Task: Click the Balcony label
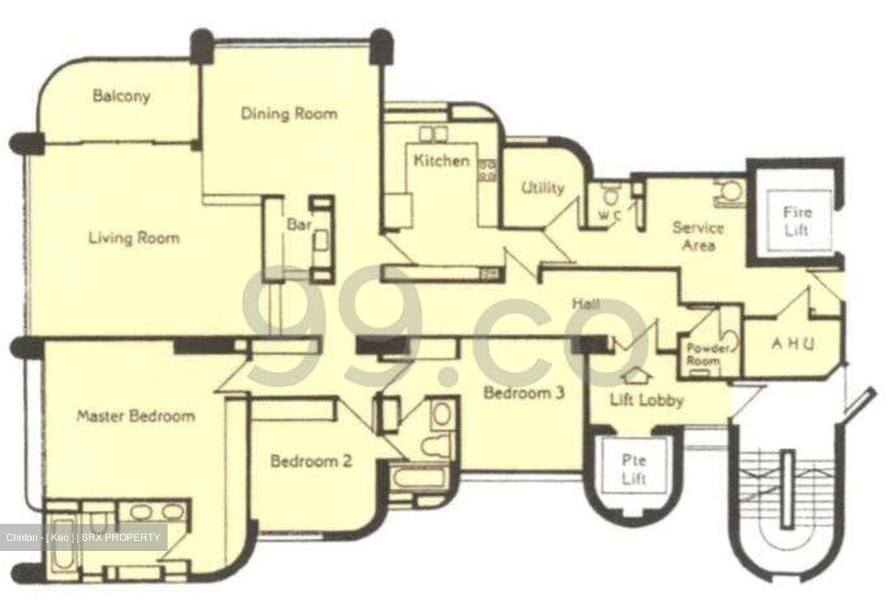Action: click(121, 96)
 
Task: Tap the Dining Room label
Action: click(289, 114)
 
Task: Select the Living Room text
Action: click(133, 238)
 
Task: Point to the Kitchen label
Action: click(441, 161)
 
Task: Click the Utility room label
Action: click(542, 188)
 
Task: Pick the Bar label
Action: click(298, 224)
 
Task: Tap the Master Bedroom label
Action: click(135, 416)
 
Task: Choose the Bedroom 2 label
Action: click(311, 461)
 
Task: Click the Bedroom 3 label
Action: click(524, 393)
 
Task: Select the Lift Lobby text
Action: click(646, 400)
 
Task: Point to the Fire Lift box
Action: click(796, 221)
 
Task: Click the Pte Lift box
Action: click(634, 469)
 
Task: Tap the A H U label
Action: click(792, 343)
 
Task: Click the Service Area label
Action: click(698, 236)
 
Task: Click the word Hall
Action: click(585, 304)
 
